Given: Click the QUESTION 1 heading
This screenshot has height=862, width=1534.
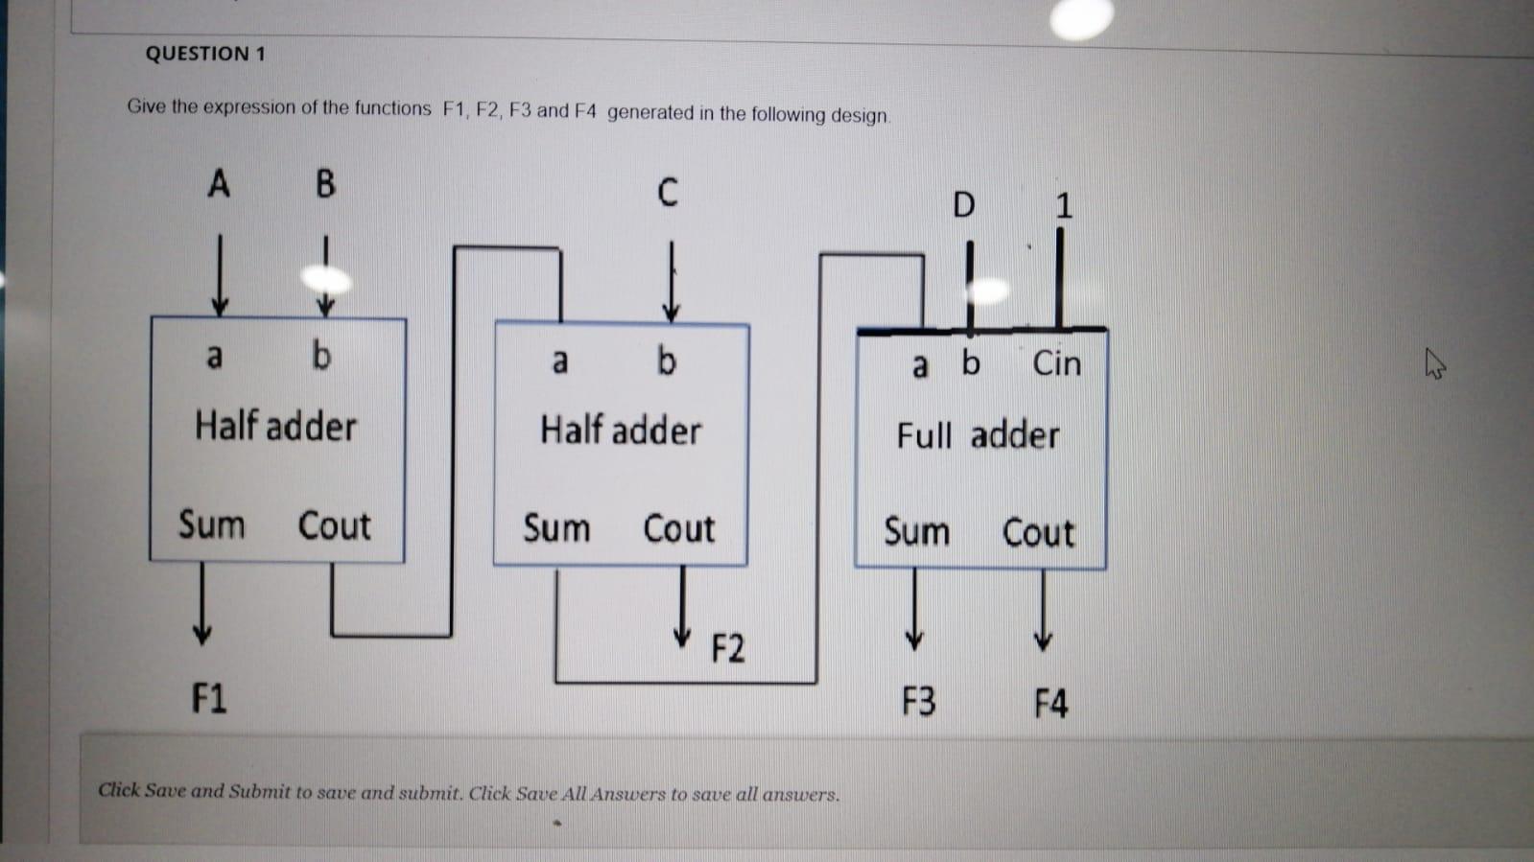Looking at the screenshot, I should [205, 54].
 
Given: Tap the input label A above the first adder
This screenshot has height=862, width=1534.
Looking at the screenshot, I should [219, 182].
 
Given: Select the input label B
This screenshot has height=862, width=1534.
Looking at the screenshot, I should [325, 183].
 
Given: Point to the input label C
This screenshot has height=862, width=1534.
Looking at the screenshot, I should [668, 192].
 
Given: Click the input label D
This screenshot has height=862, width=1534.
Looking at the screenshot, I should [963, 204].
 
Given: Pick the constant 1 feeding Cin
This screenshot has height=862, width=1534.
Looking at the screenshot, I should [1063, 205].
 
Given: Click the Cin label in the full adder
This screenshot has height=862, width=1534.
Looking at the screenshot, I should [1056, 363].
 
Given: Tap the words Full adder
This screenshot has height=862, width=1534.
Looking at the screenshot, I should [978, 436].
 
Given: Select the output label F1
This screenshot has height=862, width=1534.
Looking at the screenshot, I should [209, 697].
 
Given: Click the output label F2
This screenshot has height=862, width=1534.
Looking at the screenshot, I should [727, 648].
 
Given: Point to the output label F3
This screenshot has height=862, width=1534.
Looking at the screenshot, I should [918, 702].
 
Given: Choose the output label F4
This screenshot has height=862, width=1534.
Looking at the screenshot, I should [1050, 704].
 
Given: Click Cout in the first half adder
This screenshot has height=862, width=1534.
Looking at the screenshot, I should [334, 525].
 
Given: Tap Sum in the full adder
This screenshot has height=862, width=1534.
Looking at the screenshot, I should [916, 531].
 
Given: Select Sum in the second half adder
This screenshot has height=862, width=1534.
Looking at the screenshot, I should [556, 528].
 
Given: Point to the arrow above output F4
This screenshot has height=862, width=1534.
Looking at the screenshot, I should [1043, 610].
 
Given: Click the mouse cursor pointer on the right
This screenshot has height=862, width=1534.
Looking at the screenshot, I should [1434, 364].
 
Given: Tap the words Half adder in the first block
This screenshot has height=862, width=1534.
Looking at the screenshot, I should [275, 426].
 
